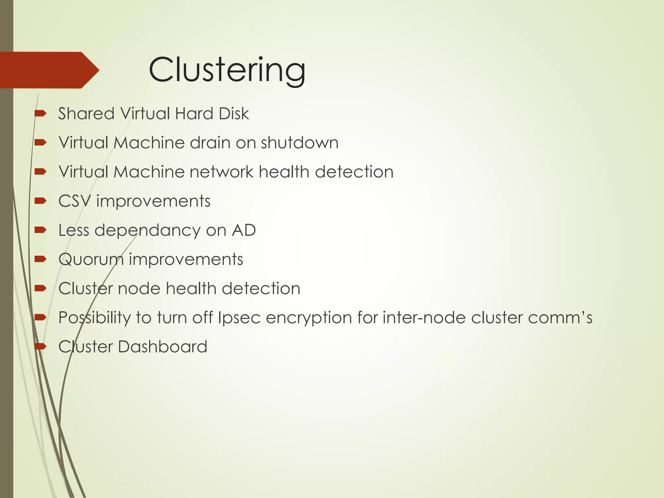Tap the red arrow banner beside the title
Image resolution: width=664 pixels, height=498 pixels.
(x=49, y=70)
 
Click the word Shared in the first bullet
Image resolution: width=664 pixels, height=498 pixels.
(x=86, y=113)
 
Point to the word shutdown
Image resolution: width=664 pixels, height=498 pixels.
(x=300, y=143)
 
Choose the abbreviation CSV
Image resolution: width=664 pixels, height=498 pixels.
(x=75, y=201)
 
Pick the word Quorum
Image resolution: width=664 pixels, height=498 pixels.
(x=91, y=259)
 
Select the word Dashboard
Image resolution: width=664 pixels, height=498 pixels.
(x=162, y=347)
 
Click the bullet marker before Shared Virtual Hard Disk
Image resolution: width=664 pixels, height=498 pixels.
(x=41, y=113)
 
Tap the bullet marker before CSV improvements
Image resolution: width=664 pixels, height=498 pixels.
(x=41, y=201)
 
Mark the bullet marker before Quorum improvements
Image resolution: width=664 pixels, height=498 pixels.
(x=41, y=259)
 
